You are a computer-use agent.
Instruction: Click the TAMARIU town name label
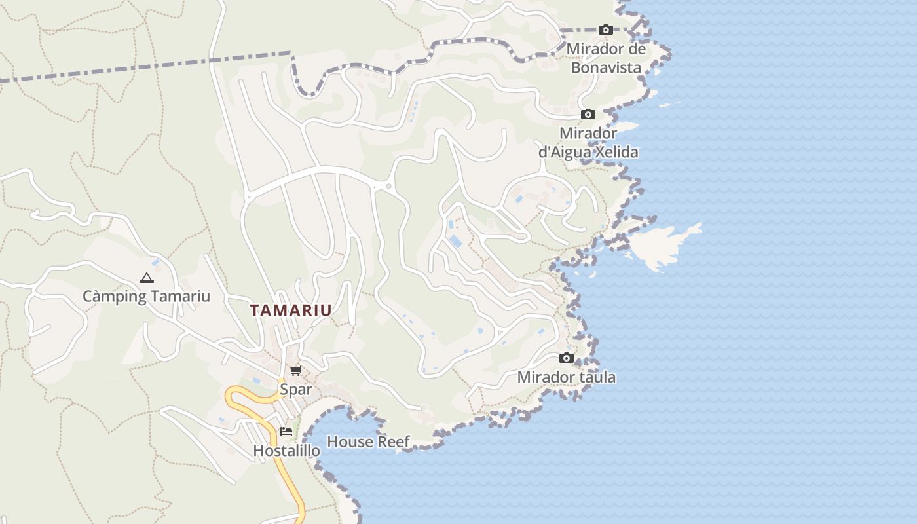[291, 310]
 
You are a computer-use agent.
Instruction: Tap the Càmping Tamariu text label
[146, 296]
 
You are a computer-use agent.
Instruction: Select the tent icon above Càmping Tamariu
[146, 278]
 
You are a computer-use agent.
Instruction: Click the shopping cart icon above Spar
[295, 371]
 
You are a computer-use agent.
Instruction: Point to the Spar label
[296, 390]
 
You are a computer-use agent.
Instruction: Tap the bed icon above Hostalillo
[286, 432]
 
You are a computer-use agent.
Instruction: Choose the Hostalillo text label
[287, 451]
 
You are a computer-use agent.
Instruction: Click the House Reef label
[368, 442]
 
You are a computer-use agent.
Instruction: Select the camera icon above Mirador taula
[567, 358]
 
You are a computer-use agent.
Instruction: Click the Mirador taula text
[567, 377]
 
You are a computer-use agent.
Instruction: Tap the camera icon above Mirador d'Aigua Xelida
[588, 115]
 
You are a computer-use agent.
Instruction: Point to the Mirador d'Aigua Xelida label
[588, 143]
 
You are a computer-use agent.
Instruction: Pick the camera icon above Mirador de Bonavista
[606, 30]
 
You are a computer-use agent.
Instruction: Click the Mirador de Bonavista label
[606, 58]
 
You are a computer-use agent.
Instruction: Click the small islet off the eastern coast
[662, 246]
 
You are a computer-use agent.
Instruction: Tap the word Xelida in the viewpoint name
[615, 152]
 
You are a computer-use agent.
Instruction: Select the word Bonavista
[606, 67]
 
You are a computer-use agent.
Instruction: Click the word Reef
[393, 442]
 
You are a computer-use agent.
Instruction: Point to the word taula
[598, 377]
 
